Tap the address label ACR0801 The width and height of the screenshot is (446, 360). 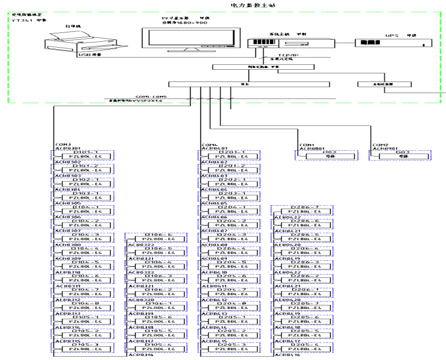310,148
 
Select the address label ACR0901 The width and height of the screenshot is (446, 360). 384,148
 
